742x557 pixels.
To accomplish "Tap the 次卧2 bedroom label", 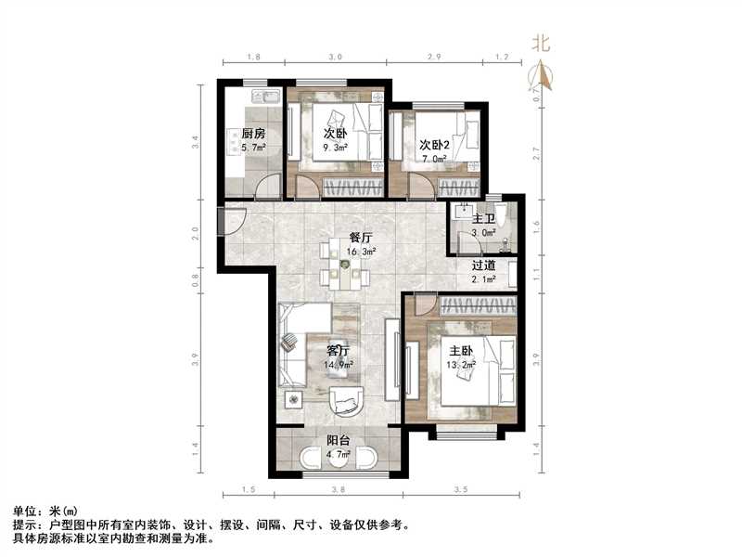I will pos(434,145).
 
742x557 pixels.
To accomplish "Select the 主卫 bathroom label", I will pos(483,218).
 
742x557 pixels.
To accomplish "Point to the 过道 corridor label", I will pos(483,265).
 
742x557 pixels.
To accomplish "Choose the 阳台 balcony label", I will pos(339,441).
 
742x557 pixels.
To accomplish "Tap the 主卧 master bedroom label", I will pos(462,351).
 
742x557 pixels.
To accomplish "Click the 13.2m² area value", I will pos(462,365).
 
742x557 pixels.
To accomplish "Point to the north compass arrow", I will pos(541,74).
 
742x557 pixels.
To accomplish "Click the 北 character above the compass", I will pos(541,42).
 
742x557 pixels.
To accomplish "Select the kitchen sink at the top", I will pos(262,96).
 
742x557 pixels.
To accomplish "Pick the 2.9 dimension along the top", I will pos(433,58).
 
